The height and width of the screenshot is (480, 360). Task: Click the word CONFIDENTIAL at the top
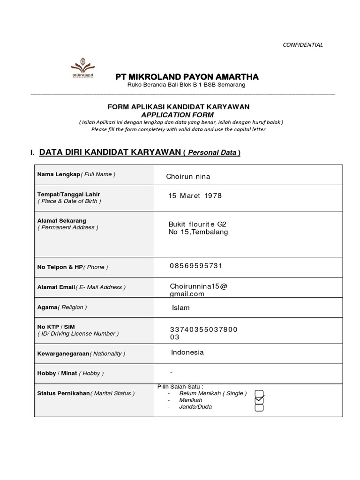[302, 45]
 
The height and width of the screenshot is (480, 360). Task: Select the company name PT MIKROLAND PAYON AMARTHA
[187, 77]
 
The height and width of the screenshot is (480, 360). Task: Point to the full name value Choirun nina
[188, 177]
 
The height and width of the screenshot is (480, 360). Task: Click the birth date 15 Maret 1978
[195, 195]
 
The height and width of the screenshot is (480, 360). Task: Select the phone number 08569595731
[196, 266]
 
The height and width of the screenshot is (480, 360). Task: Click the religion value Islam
[181, 308]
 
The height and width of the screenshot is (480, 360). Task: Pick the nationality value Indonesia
[187, 352]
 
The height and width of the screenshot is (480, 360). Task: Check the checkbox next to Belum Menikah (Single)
[259, 393]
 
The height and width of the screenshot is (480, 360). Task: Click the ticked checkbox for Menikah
[259, 400]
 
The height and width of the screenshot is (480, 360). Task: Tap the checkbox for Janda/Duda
[259, 407]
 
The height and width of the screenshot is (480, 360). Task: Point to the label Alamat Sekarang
[61, 220]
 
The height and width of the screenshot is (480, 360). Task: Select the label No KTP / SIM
[56, 327]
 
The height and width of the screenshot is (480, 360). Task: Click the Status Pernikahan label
[63, 393]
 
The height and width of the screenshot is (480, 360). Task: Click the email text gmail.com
[187, 294]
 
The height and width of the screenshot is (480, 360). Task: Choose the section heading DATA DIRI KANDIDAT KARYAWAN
[110, 152]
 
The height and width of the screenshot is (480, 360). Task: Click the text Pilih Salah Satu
[180, 386]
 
